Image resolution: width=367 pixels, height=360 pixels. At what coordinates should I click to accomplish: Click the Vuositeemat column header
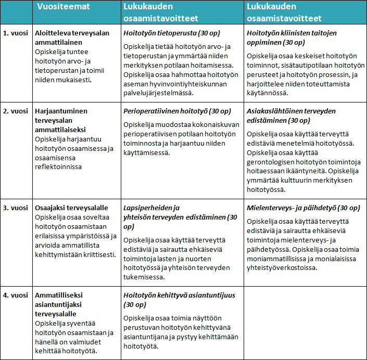64,7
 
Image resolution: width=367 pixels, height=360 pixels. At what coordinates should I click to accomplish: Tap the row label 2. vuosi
15,111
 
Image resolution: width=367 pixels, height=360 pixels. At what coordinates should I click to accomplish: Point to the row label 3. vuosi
15,208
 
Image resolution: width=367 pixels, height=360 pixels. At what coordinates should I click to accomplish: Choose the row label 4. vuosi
15,295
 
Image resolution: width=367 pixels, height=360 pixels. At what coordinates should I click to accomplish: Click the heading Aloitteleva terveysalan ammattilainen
72,37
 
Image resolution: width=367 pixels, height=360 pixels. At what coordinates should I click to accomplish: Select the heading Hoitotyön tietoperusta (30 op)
166,32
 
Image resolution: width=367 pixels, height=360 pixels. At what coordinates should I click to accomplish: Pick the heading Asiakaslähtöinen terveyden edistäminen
291,115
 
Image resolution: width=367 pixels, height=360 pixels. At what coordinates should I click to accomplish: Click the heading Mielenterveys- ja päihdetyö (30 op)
303,208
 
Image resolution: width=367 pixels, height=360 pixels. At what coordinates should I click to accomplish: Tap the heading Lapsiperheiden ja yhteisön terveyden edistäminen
180,217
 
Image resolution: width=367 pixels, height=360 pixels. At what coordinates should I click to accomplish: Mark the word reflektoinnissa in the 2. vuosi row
59,167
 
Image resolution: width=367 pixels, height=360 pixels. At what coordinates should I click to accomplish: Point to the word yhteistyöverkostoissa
283,268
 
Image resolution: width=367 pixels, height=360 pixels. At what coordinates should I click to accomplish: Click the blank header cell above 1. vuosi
15,11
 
